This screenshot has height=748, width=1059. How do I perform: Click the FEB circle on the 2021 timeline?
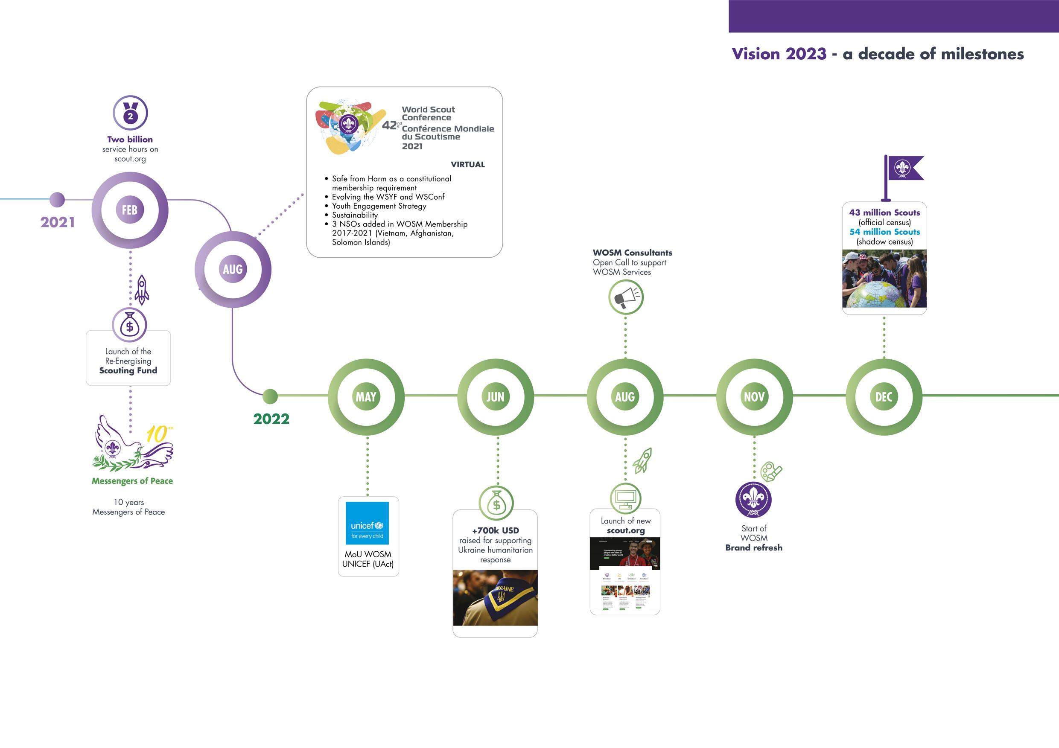130,210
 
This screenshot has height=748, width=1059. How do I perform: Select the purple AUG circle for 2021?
233,269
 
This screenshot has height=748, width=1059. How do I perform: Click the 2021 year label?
58,222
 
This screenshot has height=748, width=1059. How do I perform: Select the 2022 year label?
271,419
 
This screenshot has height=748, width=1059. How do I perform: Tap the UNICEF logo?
367,523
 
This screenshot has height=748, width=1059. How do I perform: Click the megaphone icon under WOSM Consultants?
625,297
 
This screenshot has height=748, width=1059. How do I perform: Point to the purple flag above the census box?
904,169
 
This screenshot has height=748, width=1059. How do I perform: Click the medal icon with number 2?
130,113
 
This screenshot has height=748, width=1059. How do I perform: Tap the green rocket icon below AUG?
642,460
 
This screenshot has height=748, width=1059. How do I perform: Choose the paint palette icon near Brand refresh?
771,472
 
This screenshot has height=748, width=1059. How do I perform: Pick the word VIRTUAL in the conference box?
468,165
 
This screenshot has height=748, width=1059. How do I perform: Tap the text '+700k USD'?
496,530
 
